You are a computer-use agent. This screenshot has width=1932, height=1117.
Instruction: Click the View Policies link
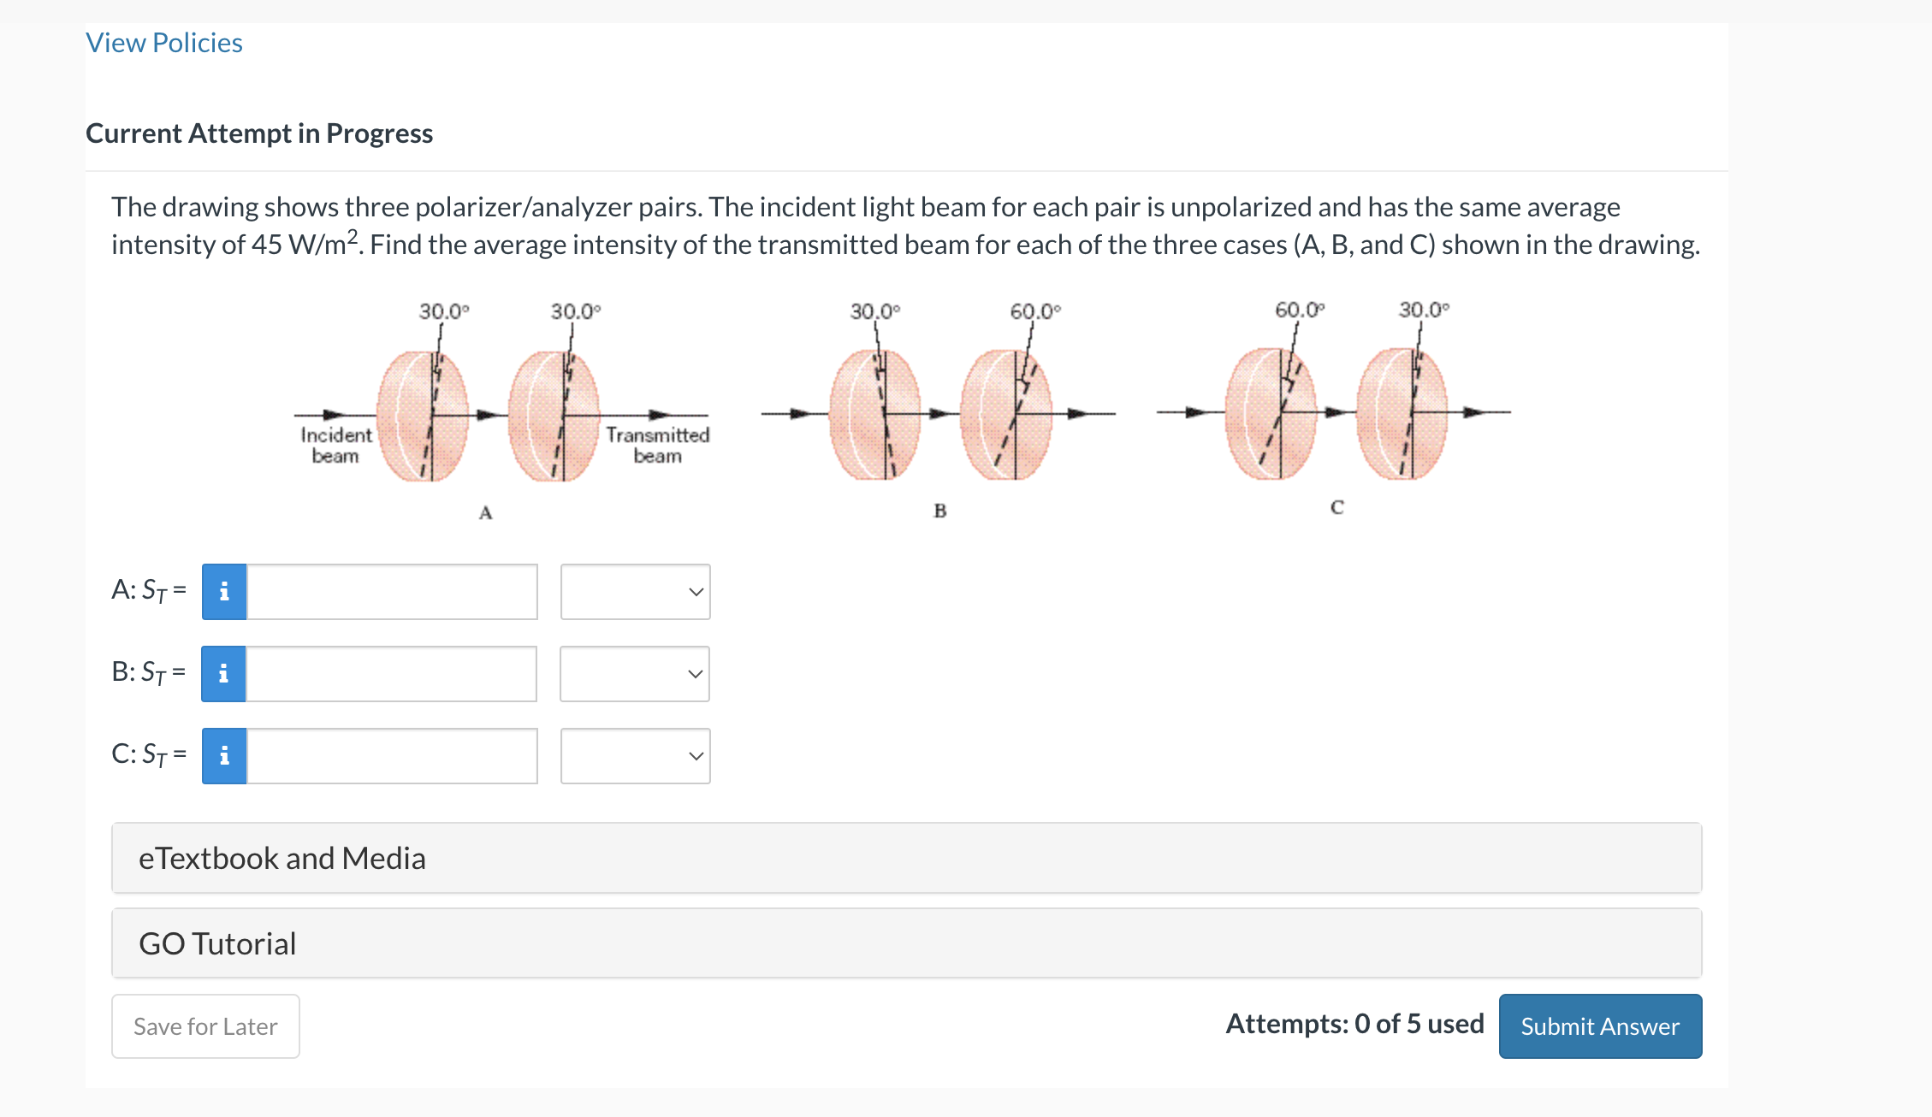point(164,43)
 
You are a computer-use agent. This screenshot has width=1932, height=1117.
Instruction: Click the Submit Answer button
point(1599,1025)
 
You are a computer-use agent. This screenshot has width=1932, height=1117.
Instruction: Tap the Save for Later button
point(205,1025)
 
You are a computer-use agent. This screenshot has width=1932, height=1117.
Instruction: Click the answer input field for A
point(392,592)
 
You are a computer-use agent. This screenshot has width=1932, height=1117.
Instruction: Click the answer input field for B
point(392,674)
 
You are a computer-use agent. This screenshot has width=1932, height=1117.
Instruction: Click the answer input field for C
point(392,756)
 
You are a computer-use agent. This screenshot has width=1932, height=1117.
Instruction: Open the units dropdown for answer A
point(635,592)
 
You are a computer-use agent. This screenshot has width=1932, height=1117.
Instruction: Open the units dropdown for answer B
point(635,674)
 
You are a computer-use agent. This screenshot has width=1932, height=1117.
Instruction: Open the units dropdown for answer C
point(635,756)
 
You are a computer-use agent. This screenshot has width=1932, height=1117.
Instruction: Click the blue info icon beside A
point(224,592)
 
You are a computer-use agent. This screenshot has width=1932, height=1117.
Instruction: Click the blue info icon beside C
point(224,756)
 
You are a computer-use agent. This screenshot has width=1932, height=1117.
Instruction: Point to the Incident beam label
point(335,445)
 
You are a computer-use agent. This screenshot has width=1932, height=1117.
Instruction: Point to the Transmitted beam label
point(657,445)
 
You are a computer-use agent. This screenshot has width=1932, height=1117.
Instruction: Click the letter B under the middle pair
point(939,511)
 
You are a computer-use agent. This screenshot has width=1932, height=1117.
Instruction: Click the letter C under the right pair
point(1336,508)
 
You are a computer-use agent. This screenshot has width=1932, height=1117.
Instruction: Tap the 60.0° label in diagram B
point(1034,311)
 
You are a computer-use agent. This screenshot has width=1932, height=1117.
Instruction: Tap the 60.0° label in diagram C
point(1299,310)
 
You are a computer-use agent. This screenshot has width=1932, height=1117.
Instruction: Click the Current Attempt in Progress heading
point(259,133)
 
